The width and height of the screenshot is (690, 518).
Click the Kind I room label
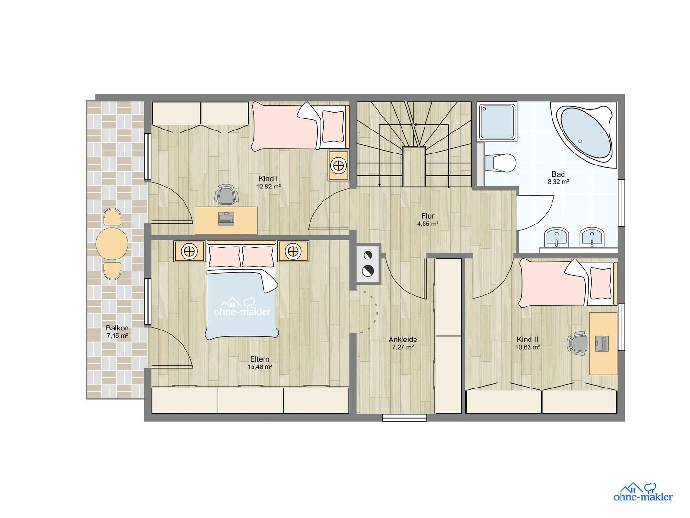(x=268, y=179)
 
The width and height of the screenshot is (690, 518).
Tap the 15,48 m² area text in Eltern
(x=260, y=366)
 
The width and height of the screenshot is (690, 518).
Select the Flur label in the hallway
(x=428, y=216)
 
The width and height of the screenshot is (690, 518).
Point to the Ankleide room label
(x=402, y=340)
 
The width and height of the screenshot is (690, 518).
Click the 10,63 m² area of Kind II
(x=528, y=347)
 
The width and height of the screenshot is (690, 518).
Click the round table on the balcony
(x=112, y=244)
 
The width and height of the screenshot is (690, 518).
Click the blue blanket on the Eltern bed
(x=242, y=305)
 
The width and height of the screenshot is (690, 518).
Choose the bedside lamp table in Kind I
(x=339, y=165)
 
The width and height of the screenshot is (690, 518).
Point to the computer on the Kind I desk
(x=226, y=219)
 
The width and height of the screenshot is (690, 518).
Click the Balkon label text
(x=117, y=328)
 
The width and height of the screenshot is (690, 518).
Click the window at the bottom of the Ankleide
(x=405, y=418)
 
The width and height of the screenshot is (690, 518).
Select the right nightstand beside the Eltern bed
(x=293, y=251)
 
